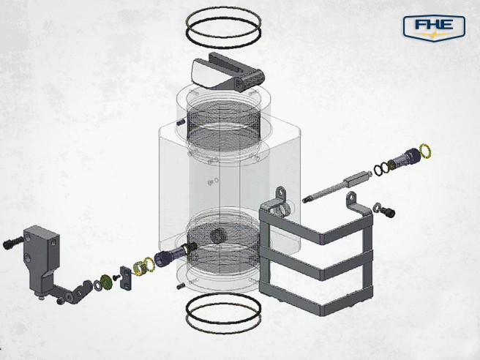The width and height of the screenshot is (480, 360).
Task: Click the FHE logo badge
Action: click(x=434, y=28)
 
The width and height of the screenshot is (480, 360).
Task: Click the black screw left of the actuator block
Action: click(x=10, y=241)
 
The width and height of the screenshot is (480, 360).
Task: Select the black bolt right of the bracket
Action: click(x=388, y=211)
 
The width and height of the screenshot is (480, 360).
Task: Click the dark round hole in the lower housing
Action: click(x=218, y=236)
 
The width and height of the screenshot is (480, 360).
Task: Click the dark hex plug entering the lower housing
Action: click(x=168, y=255)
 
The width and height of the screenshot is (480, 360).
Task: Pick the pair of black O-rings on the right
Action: click(x=382, y=170)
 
